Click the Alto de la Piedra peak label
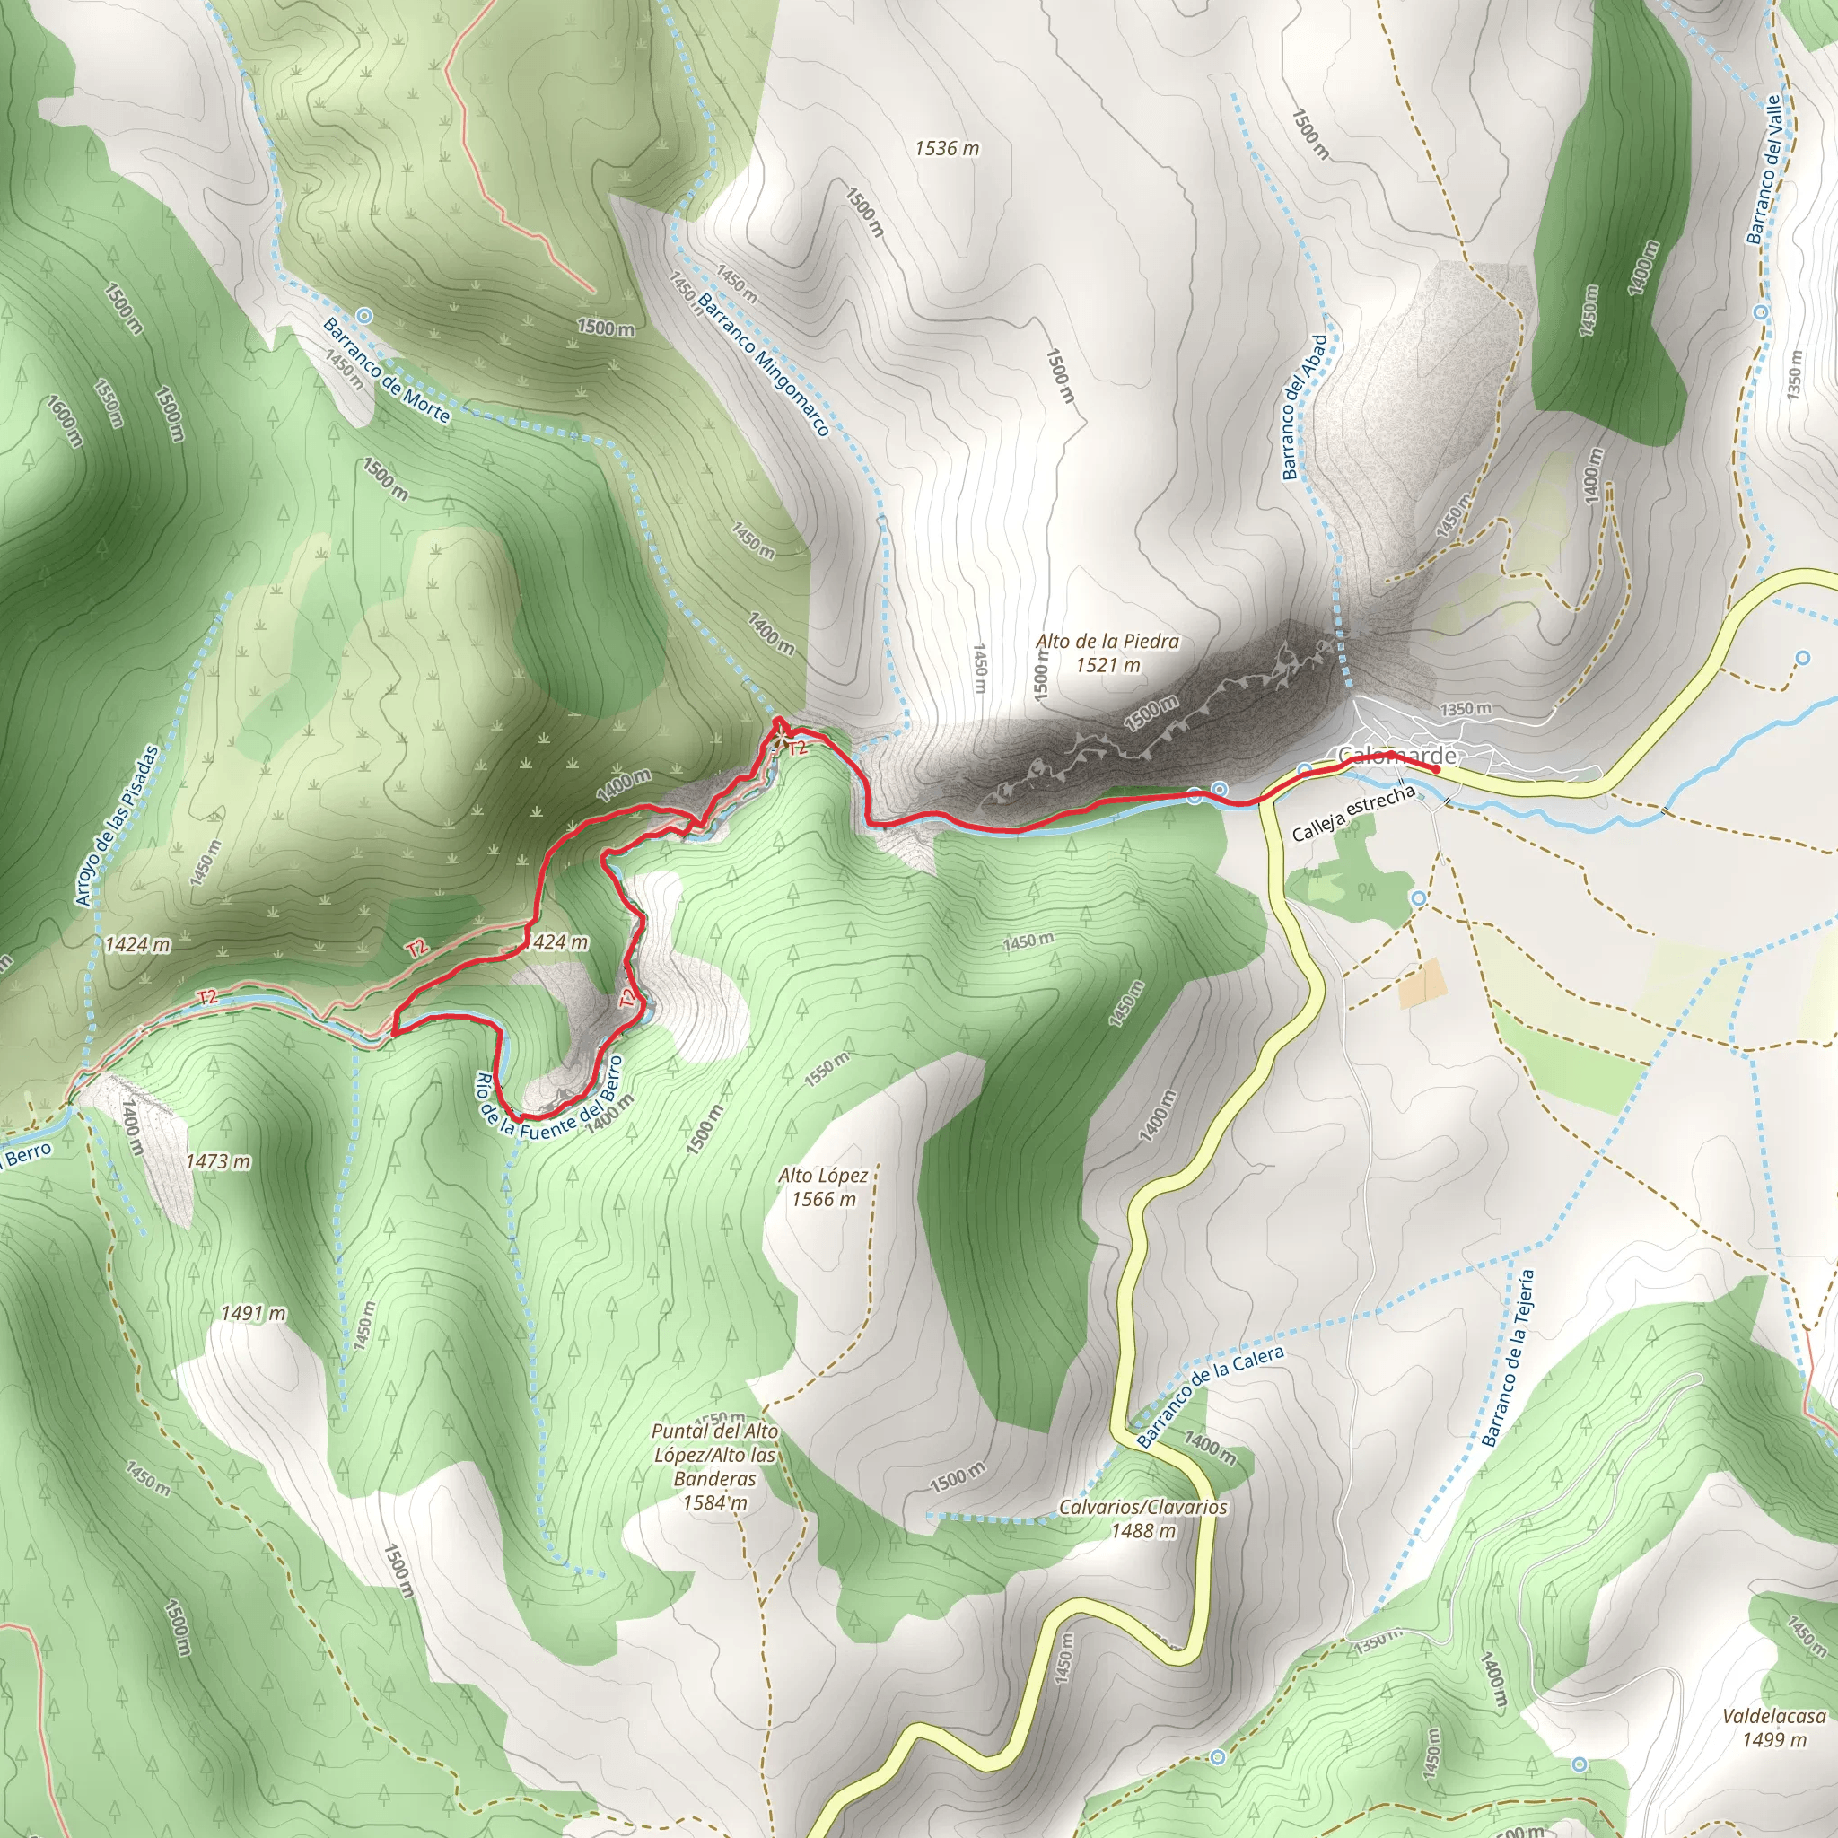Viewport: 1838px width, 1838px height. pos(1107,653)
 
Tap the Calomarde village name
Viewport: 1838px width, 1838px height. pos(1396,756)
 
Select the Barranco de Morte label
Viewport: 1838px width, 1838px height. pos(386,369)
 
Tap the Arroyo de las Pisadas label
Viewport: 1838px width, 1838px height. pos(116,825)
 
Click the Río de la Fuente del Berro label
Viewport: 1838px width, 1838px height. pos(549,1105)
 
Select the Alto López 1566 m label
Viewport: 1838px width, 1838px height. pos(823,1187)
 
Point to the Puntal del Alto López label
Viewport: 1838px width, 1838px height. pos(715,1466)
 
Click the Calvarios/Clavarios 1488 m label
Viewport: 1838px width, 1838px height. pos(1142,1519)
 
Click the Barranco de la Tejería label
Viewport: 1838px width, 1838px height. pos(1509,1358)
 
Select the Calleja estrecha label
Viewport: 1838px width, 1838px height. pos(1352,813)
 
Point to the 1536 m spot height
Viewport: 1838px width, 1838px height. pos(947,148)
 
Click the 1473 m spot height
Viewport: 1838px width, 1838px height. pos(218,1161)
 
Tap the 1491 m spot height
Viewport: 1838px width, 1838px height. pos(253,1314)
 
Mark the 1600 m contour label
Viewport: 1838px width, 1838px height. pos(65,422)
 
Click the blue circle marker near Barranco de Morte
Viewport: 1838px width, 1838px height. pos(363,314)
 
